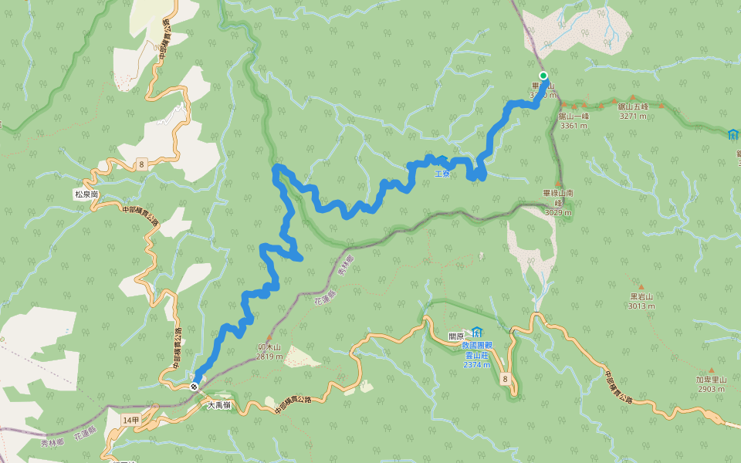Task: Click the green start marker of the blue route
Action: tap(543, 76)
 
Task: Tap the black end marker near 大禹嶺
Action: tap(195, 387)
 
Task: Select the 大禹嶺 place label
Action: tap(219, 404)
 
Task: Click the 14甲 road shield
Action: tap(130, 419)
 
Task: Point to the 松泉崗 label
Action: tap(86, 194)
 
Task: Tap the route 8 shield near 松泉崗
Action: tap(142, 164)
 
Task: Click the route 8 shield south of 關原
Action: tap(505, 378)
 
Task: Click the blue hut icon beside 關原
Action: tap(477, 333)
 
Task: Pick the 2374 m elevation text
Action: tap(476, 364)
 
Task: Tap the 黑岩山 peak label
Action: tap(641, 296)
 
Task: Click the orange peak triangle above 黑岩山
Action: tap(641, 286)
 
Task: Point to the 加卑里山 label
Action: tap(710, 380)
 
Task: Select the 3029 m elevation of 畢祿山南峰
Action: tap(558, 212)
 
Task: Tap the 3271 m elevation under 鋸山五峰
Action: tap(633, 117)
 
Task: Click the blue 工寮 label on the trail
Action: tap(442, 174)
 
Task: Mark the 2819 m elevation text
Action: tap(269, 357)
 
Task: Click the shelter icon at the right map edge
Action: tap(733, 134)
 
